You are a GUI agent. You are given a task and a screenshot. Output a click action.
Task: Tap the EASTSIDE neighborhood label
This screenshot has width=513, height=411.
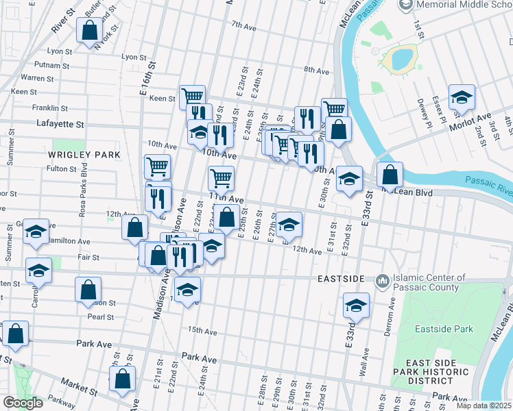pos(341,280)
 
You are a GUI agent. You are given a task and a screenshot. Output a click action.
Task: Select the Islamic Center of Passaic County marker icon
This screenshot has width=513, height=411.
pos(382,281)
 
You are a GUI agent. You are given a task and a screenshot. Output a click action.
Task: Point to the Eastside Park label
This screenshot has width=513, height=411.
pos(444,329)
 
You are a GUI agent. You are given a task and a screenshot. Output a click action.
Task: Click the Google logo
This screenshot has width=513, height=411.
pos(23,403)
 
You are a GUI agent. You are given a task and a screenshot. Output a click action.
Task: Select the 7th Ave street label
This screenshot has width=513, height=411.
pos(243,26)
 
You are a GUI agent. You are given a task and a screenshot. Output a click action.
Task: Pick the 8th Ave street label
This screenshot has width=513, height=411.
pos(317,70)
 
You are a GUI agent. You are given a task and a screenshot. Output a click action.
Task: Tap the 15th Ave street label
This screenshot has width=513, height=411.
pos(202,331)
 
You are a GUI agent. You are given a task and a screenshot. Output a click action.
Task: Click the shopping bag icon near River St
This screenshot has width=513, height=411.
pos(89,31)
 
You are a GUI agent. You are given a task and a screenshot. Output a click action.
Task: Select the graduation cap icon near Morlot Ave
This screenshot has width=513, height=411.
pos(462,97)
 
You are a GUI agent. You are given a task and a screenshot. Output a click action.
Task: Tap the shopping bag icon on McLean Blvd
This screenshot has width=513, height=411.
pos(390,175)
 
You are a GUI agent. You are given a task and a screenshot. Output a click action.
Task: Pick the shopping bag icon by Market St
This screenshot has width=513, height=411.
pos(122,378)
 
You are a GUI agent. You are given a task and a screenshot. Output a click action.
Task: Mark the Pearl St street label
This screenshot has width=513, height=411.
pos(100,317)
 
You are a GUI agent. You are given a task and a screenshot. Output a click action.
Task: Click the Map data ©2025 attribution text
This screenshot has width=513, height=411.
pos(484,406)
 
